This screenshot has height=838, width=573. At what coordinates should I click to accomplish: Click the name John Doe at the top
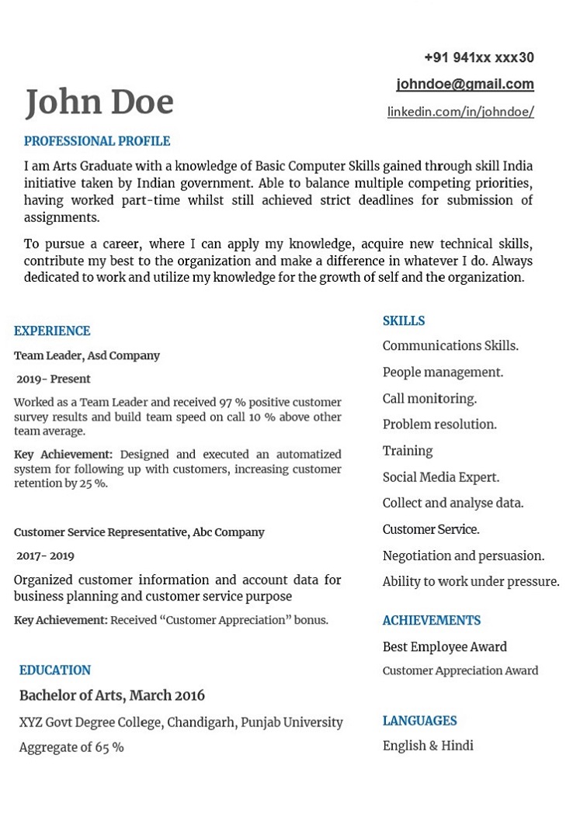tap(99, 102)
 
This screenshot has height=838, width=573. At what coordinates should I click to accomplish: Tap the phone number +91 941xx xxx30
tap(479, 57)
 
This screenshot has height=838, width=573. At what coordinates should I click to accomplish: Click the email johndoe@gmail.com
tap(465, 84)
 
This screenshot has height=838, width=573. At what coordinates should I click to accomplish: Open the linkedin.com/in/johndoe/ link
tap(460, 112)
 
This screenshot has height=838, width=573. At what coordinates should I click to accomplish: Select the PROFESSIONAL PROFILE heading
tap(97, 141)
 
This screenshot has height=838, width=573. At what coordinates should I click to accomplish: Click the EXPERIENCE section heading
tap(52, 331)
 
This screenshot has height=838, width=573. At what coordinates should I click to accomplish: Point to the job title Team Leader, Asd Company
tap(87, 355)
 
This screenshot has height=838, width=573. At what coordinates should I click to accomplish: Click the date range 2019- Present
tap(54, 379)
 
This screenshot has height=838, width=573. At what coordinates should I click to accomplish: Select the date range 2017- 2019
tap(46, 556)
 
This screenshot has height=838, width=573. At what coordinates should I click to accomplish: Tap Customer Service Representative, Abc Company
tap(139, 532)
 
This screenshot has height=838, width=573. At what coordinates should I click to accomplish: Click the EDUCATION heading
tap(55, 670)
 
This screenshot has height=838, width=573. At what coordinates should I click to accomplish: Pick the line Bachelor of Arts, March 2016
tap(112, 695)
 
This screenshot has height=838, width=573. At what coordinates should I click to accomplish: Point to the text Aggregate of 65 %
tap(71, 747)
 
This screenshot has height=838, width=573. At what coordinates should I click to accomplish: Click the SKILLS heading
tap(404, 321)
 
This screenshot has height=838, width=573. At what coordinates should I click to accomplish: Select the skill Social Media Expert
tap(441, 477)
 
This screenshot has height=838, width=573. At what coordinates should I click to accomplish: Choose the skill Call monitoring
tap(429, 399)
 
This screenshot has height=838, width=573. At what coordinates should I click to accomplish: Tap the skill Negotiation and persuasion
tap(464, 556)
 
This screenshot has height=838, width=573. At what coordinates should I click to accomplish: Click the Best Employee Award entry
tap(445, 646)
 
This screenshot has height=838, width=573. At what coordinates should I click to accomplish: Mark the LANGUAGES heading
tap(420, 721)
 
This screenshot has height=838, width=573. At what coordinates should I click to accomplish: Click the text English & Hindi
tap(428, 746)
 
